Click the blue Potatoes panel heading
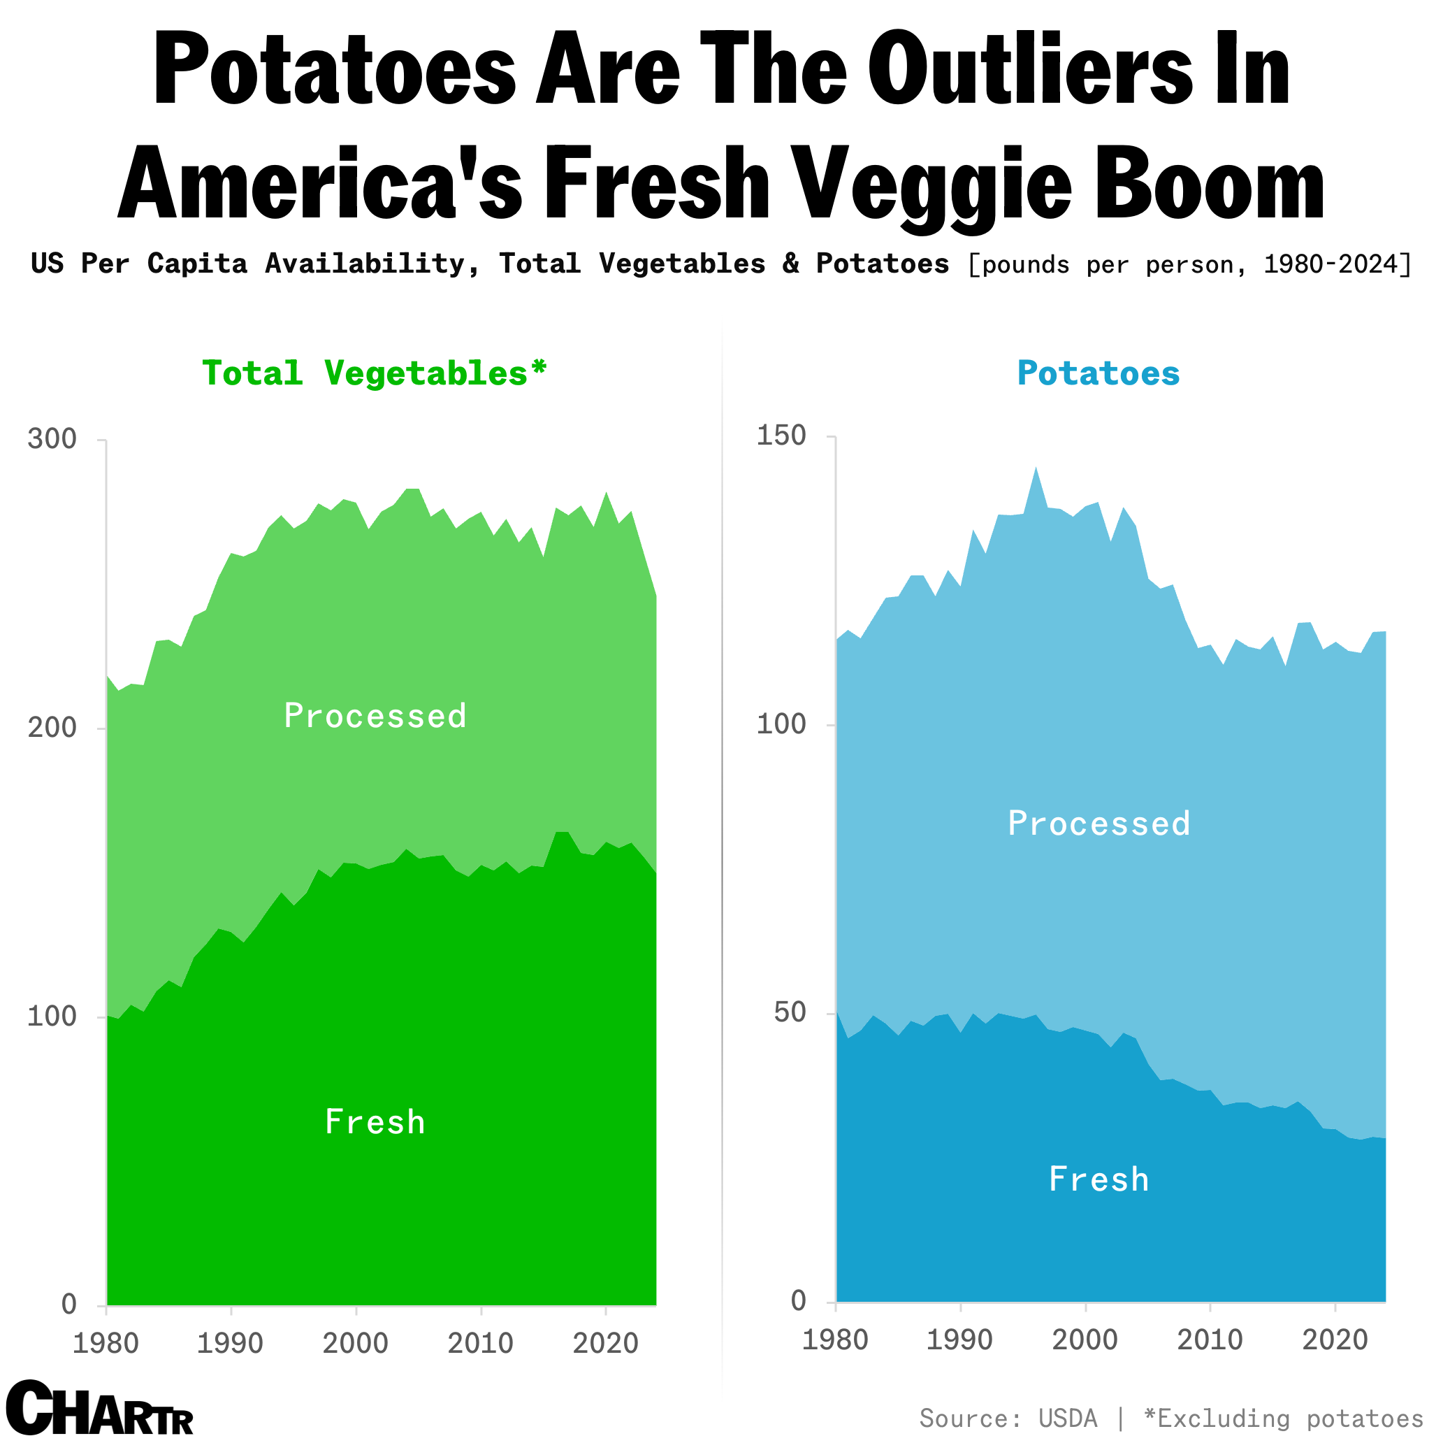1098,373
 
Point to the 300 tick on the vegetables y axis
52,439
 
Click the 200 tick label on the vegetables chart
52,728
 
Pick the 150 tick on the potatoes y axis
781,436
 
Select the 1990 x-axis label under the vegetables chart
230,1343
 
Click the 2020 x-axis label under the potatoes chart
1335,1339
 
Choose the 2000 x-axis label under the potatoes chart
1085,1339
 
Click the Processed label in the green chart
375,716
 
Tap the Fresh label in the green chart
375,1121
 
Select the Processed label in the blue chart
1098,824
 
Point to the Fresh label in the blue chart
1098,1179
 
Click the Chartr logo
99,1408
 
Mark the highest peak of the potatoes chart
1035,468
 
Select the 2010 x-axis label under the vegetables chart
480,1343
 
